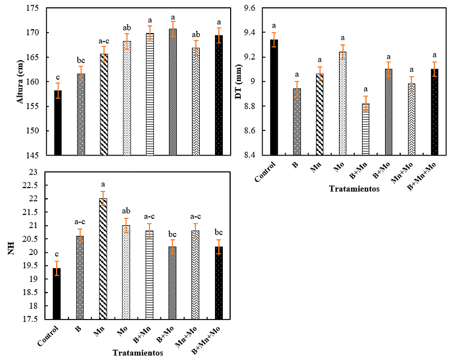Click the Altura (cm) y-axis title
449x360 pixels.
point(22,81)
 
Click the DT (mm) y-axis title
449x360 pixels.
point(237,80)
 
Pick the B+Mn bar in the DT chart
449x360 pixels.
point(365,129)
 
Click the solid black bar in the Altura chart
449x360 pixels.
point(57,122)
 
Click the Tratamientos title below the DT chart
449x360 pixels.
point(354,189)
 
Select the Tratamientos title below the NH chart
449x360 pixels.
point(138,353)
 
